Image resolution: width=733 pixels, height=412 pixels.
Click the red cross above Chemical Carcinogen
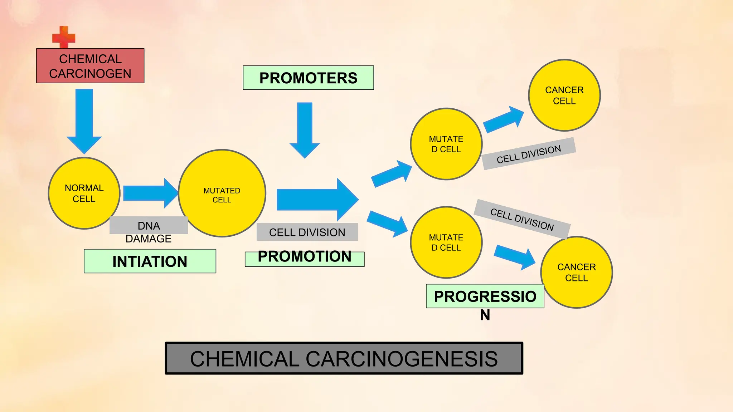click(x=64, y=37)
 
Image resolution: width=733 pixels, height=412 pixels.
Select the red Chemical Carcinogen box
click(x=90, y=66)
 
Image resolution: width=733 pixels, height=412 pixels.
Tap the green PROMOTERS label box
click(x=308, y=78)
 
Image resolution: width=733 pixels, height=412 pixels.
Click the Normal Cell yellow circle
click(x=84, y=193)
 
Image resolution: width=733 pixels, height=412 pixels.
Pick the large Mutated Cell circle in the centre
click(x=222, y=193)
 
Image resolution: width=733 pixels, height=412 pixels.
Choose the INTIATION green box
click(x=150, y=261)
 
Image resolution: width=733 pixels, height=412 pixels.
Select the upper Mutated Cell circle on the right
click(x=446, y=144)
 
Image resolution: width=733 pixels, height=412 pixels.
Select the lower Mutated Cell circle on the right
click(x=446, y=242)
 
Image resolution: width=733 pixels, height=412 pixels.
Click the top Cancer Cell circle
click(x=564, y=95)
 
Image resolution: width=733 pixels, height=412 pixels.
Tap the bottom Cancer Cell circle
click(x=576, y=272)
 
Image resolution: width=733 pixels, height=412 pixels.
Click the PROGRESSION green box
click(x=485, y=296)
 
